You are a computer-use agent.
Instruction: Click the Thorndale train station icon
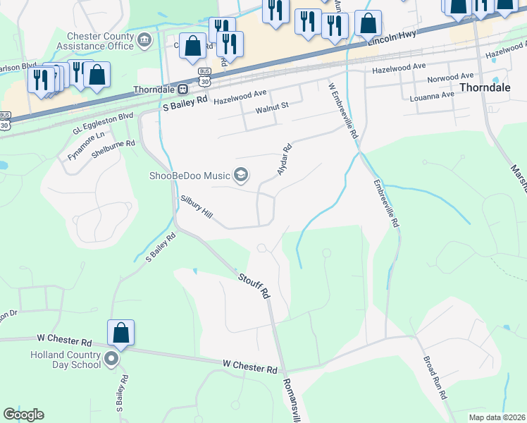182,90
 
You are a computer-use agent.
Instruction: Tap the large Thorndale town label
485,87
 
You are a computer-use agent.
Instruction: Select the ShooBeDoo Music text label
190,176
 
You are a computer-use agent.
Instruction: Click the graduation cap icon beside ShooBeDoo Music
241,175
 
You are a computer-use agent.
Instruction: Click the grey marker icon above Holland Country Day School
111,360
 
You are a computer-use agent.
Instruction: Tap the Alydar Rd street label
284,161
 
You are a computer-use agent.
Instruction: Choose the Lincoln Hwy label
392,38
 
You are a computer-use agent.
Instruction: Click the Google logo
23,415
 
